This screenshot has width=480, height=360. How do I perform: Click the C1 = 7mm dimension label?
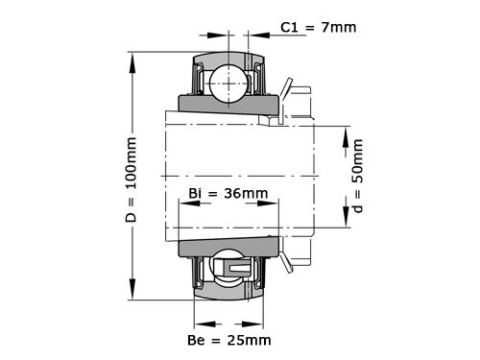[x=318, y=27]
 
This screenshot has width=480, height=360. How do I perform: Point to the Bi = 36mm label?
[x=228, y=194]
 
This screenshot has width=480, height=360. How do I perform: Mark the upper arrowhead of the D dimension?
[x=131, y=59]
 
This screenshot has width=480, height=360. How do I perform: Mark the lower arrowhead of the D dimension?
[x=131, y=294]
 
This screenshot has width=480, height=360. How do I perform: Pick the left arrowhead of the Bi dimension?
[x=183, y=203]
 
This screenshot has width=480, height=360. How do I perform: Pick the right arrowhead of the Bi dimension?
[x=275, y=203]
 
